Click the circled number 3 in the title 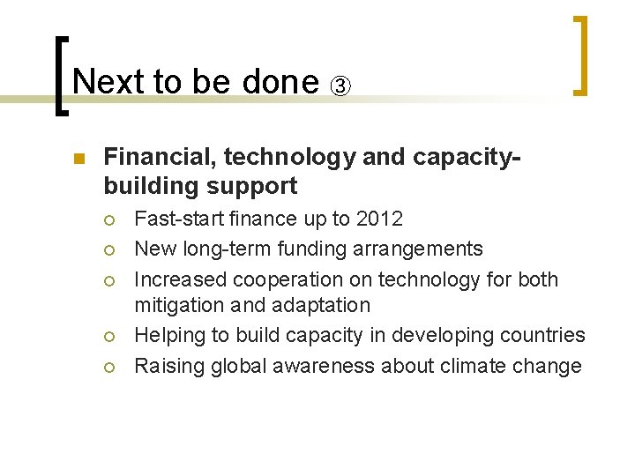pos(340,86)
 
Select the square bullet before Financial pos(78,160)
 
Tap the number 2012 pos(378,219)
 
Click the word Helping pos(167,335)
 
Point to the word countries pos(545,335)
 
